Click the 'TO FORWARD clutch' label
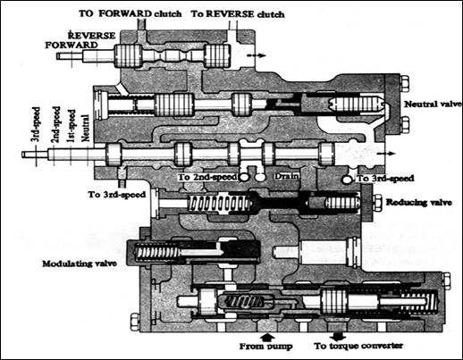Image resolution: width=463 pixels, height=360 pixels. coord(130,13)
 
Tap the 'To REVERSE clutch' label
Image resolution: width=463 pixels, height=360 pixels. coord(238,14)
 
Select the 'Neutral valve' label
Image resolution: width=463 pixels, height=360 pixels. coord(433,105)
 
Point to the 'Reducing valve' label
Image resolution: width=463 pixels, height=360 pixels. coord(419,203)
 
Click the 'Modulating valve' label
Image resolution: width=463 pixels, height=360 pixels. coord(80,264)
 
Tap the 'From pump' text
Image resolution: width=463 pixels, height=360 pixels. coord(266,347)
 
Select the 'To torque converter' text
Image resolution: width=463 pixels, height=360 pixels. coord(358,346)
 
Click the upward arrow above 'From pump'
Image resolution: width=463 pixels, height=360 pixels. coord(268,337)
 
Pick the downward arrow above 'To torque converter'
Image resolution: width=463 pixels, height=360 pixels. coord(337,337)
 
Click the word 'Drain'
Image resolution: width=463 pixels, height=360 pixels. coord(286,176)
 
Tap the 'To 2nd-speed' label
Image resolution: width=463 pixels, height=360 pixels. coord(207,177)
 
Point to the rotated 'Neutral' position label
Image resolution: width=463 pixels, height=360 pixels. coord(85,128)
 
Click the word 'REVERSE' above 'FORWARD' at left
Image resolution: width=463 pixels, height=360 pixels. coord(91,36)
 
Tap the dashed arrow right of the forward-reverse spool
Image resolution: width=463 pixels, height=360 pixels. coord(257,55)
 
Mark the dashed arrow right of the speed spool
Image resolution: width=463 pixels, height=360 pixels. coord(386,154)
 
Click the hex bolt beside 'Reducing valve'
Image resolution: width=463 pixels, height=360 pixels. coord(377,203)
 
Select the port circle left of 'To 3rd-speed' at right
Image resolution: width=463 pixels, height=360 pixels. coord(347,180)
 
